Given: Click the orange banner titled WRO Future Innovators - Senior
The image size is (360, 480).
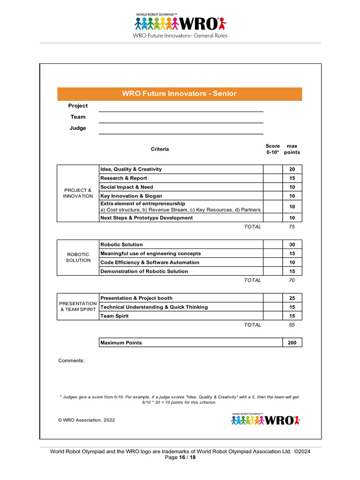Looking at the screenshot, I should click(x=180, y=94).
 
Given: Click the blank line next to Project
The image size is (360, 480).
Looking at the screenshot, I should click(x=180, y=107).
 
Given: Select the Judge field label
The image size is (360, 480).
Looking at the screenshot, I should click(x=78, y=128).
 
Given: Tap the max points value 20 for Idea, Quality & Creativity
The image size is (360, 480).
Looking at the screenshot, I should click(x=292, y=169).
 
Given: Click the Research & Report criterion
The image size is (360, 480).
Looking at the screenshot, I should click(x=124, y=178).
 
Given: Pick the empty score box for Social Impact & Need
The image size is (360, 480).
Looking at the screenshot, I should click(x=272, y=187).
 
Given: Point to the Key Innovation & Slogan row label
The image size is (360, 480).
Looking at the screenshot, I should click(x=131, y=196).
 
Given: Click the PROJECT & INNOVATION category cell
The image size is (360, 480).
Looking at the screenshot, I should click(x=78, y=193).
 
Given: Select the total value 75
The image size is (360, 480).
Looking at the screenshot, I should click(x=292, y=227).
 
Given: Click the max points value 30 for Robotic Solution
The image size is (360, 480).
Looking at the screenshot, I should click(x=292, y=245).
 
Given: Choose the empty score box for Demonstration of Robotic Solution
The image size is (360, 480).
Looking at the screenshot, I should click(x=272, y=271).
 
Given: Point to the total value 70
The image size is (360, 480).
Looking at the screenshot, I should click(x=292, y=280).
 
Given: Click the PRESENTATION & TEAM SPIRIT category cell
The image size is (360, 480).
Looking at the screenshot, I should click(x=78, y=307).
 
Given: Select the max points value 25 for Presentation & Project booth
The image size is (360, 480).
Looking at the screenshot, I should click(x=292, y=298).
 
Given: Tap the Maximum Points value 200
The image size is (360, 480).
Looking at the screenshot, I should click(x=292, y=343).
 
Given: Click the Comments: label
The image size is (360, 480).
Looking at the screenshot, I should click(x=71, y=360).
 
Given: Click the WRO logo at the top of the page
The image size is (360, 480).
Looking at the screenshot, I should click(x=180, y=23).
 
